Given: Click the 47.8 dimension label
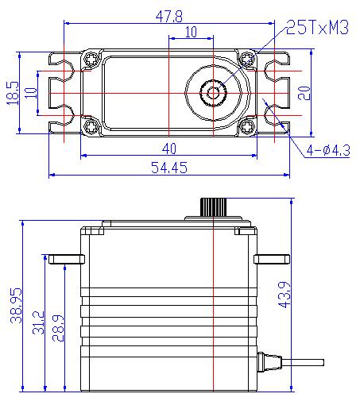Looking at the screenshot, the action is [x=169, y=17].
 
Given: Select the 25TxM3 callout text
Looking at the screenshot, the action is [x=317, y=27].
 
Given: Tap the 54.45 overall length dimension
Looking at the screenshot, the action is [x=169, y=168].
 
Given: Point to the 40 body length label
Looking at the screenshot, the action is [x=169, y=149].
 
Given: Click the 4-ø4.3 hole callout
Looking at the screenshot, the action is [x=328, y=150].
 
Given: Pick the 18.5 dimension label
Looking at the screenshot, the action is [x=13, y=93].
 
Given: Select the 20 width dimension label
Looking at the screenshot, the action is [x=304, y=93].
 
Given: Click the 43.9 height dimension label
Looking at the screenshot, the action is [x=285, y=295].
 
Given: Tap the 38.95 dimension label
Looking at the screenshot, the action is [x=16, y=305].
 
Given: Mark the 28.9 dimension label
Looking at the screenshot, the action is [x=58, y=328].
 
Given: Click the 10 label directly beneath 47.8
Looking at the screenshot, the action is [x=191, y=32].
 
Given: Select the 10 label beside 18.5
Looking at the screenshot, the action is [x=31, y=93].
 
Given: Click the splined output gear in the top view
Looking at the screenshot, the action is [x=213, y=93].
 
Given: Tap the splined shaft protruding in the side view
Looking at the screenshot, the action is [x=213, y=207].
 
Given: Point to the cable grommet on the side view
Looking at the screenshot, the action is [x=269, y=362].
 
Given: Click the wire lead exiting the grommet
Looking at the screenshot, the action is [x=303, y=362].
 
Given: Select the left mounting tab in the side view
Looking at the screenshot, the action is [x=67, y=259].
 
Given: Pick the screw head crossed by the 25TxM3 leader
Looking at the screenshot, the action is [x=247, y=59].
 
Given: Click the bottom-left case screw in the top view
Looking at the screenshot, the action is [x=91, y=126].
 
